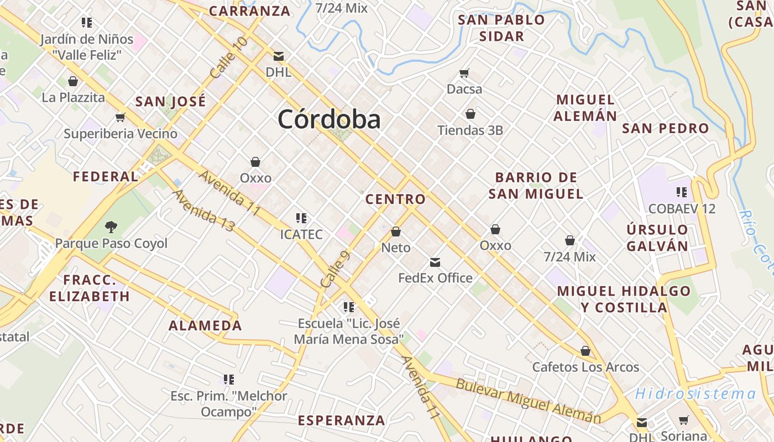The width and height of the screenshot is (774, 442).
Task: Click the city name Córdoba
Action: coord(329,119)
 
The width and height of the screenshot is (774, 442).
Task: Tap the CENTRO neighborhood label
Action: coord(396,199)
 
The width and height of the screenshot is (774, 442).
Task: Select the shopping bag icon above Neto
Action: coord(396,231)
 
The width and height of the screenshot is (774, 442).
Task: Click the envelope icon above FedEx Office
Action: coord(435,262)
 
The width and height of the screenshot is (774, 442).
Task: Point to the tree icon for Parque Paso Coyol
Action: coord(111,227)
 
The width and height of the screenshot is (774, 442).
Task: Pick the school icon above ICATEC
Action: coord(301,218)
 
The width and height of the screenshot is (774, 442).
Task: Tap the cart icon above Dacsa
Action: coord(464,73)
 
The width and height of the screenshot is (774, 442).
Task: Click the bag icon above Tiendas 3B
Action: coord(470,114)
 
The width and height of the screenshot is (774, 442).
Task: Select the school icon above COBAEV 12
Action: coord(682,192)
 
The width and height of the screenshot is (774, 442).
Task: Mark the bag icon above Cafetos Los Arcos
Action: coord(585,351)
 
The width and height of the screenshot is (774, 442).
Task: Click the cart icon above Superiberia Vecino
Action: coord(120,117)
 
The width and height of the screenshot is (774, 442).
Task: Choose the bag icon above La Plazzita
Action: coord(73,81)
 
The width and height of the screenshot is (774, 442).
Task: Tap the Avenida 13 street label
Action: coord(203,211)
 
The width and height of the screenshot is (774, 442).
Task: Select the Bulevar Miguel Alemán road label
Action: coord(528,401)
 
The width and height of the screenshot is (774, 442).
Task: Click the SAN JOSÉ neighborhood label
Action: coord(170,102)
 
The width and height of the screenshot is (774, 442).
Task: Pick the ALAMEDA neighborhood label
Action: coord(205,325)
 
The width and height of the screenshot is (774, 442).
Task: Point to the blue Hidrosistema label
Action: coord(695,394)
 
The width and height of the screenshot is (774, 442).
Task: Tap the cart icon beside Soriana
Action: coord(684,420)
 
